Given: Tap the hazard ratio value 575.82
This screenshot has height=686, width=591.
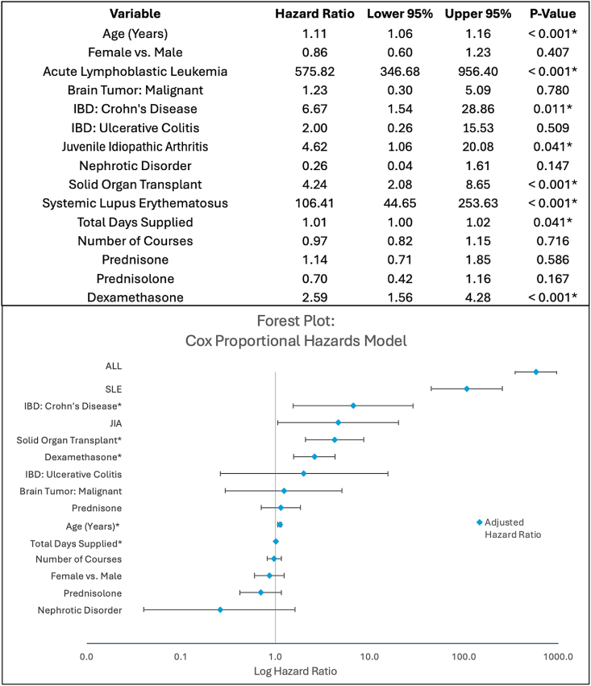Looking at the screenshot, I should (310, 71).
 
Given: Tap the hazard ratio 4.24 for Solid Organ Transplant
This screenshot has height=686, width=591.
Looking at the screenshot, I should (310, 183).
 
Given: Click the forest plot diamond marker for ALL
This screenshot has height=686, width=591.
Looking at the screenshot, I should (536, 372).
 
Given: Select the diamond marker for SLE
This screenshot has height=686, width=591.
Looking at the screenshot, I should (467, 389).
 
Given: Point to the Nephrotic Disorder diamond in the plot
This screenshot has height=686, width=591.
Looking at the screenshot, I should (220, 609).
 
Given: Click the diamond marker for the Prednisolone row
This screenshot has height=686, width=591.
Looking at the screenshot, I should (260, 592).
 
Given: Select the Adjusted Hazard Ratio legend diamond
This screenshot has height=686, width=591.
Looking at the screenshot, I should (479, 522).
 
